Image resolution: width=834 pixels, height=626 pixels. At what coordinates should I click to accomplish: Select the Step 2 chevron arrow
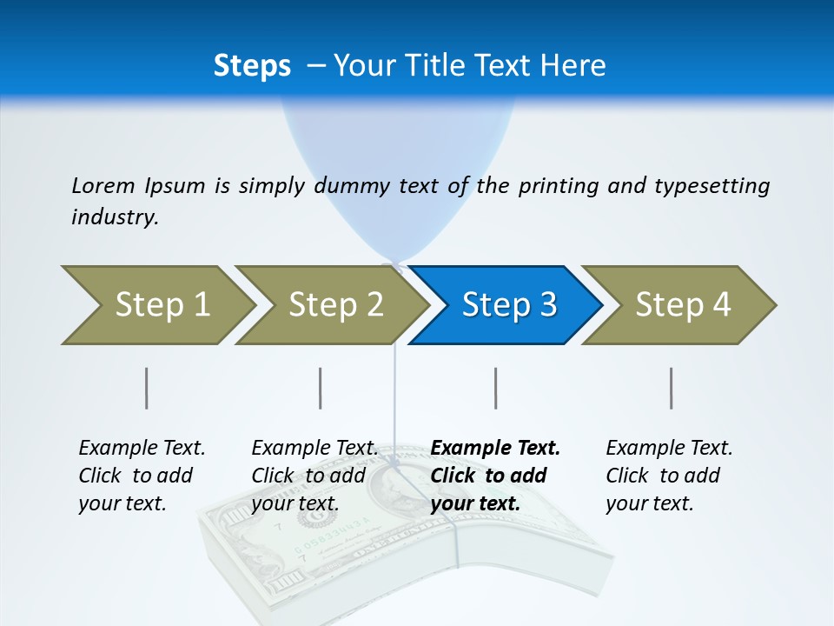pyautogui.click(x=334, y=305)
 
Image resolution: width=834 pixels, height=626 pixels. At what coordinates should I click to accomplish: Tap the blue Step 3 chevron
pyautogui.click(x=507, y=305)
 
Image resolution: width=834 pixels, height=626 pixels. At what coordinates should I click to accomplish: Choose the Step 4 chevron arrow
pyautogui.click(x=681, y=305)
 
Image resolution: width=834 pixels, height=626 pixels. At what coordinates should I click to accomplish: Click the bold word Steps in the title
pyautogui.click(x=252, y=66)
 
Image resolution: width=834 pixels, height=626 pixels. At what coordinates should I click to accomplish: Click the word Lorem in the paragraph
pyautogui.click(x=103, y=186)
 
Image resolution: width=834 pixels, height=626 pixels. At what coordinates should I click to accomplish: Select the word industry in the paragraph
pyautogui.click(x=114, y=217)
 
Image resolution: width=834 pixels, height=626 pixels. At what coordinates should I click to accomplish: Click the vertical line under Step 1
pyautogui.click(x=147, y=388)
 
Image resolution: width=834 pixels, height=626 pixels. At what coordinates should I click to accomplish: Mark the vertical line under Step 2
pyautogui.click(x=321, y=388)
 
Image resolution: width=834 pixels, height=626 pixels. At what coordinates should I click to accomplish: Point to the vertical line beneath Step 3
pyautogui.click(x=496, y=388)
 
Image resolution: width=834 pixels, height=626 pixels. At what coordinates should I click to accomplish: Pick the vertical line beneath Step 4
pyautogui.click(x=672, y=388)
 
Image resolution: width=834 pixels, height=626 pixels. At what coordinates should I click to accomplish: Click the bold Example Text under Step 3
pyautogui.click(x=495, y=449)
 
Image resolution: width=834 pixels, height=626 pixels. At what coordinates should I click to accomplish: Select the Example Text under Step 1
pyautogui.click(x=142, y=449)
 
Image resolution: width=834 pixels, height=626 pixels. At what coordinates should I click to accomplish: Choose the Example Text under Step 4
pyautogui.click(x=669, y=449)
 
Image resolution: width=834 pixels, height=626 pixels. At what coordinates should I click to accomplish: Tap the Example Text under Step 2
pyautogui.click(x=314, y=449)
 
